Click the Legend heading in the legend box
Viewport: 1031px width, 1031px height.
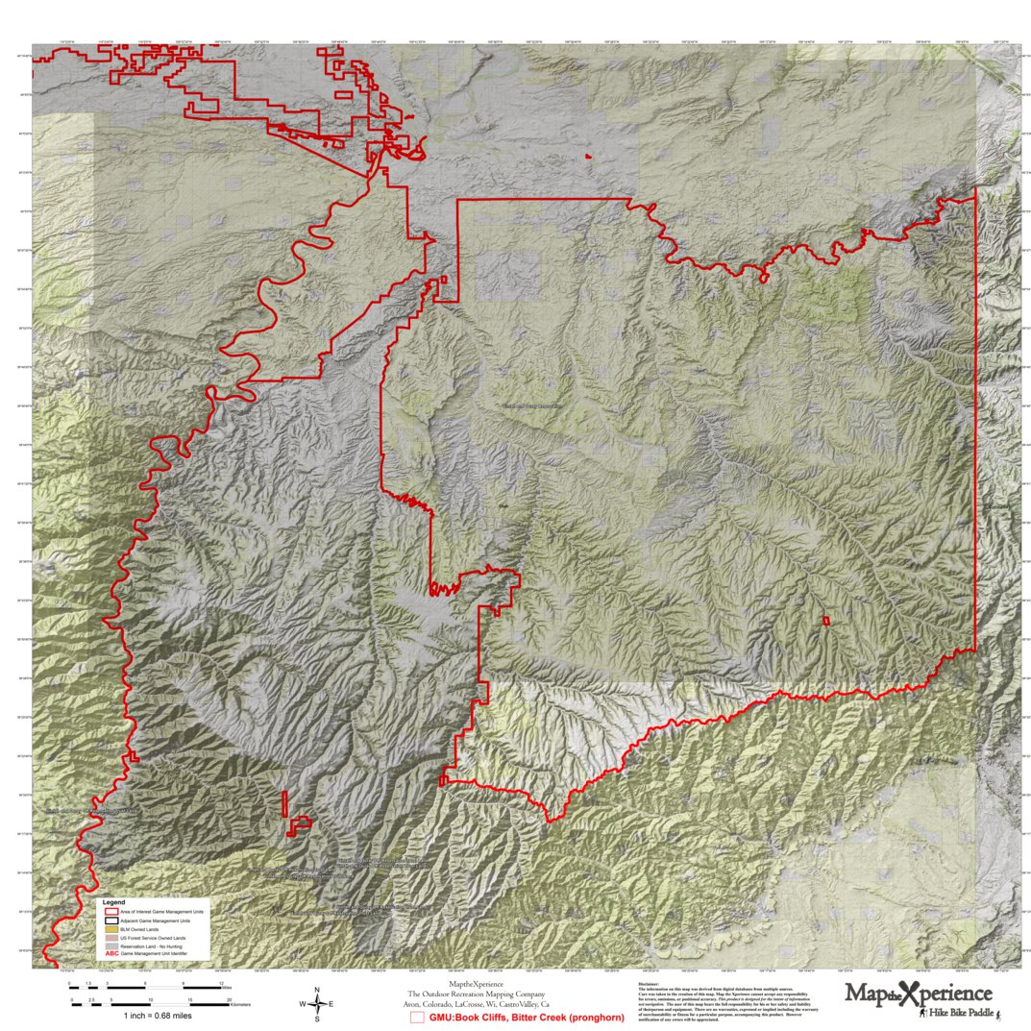pos(113,902)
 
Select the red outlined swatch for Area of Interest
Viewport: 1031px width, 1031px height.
pos(110,911)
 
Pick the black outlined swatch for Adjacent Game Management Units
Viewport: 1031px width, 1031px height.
pos(110,920)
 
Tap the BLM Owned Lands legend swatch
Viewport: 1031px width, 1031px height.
pos(110,929)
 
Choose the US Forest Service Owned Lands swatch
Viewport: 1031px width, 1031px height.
pos(110,938)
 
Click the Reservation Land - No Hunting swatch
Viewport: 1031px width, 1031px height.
pos(110,946)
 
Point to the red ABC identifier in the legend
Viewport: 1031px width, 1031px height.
pos(110,954)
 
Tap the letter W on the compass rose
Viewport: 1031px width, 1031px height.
pos(303,1004)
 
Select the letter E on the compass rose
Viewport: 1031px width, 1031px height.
pos(331,1004)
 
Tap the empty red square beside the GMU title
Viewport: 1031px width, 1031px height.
pos(417,1017)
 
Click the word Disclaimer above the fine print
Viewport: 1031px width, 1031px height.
pos(651,983)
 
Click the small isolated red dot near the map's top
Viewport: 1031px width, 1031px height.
pos(587,156)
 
